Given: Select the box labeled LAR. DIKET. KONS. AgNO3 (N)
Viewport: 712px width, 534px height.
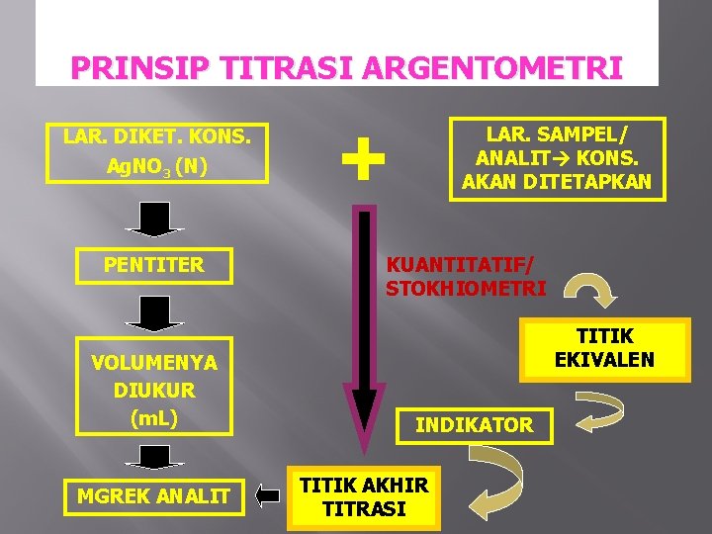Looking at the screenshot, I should [156, 151].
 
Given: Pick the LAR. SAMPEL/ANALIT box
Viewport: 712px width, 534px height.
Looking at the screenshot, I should [557, 158].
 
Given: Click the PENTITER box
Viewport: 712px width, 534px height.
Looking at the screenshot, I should [155, 265].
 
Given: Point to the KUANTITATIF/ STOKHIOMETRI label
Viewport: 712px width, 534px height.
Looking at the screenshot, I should [465, 277].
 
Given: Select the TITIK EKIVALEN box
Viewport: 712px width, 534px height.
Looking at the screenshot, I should [603, 348].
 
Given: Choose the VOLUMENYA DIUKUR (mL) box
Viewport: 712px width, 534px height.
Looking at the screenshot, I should [155, 390].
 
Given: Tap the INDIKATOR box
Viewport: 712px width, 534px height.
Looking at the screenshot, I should [474, 425].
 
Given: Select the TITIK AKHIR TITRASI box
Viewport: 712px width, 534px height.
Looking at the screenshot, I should [364, 497].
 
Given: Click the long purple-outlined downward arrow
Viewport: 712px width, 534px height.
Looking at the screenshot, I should [364, 336].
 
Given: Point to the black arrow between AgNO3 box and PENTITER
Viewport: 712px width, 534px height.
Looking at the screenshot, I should [155, 218].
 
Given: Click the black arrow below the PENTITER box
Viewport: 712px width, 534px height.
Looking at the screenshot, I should [155, 311].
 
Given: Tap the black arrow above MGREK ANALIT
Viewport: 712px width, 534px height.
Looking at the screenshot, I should [155, 456].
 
